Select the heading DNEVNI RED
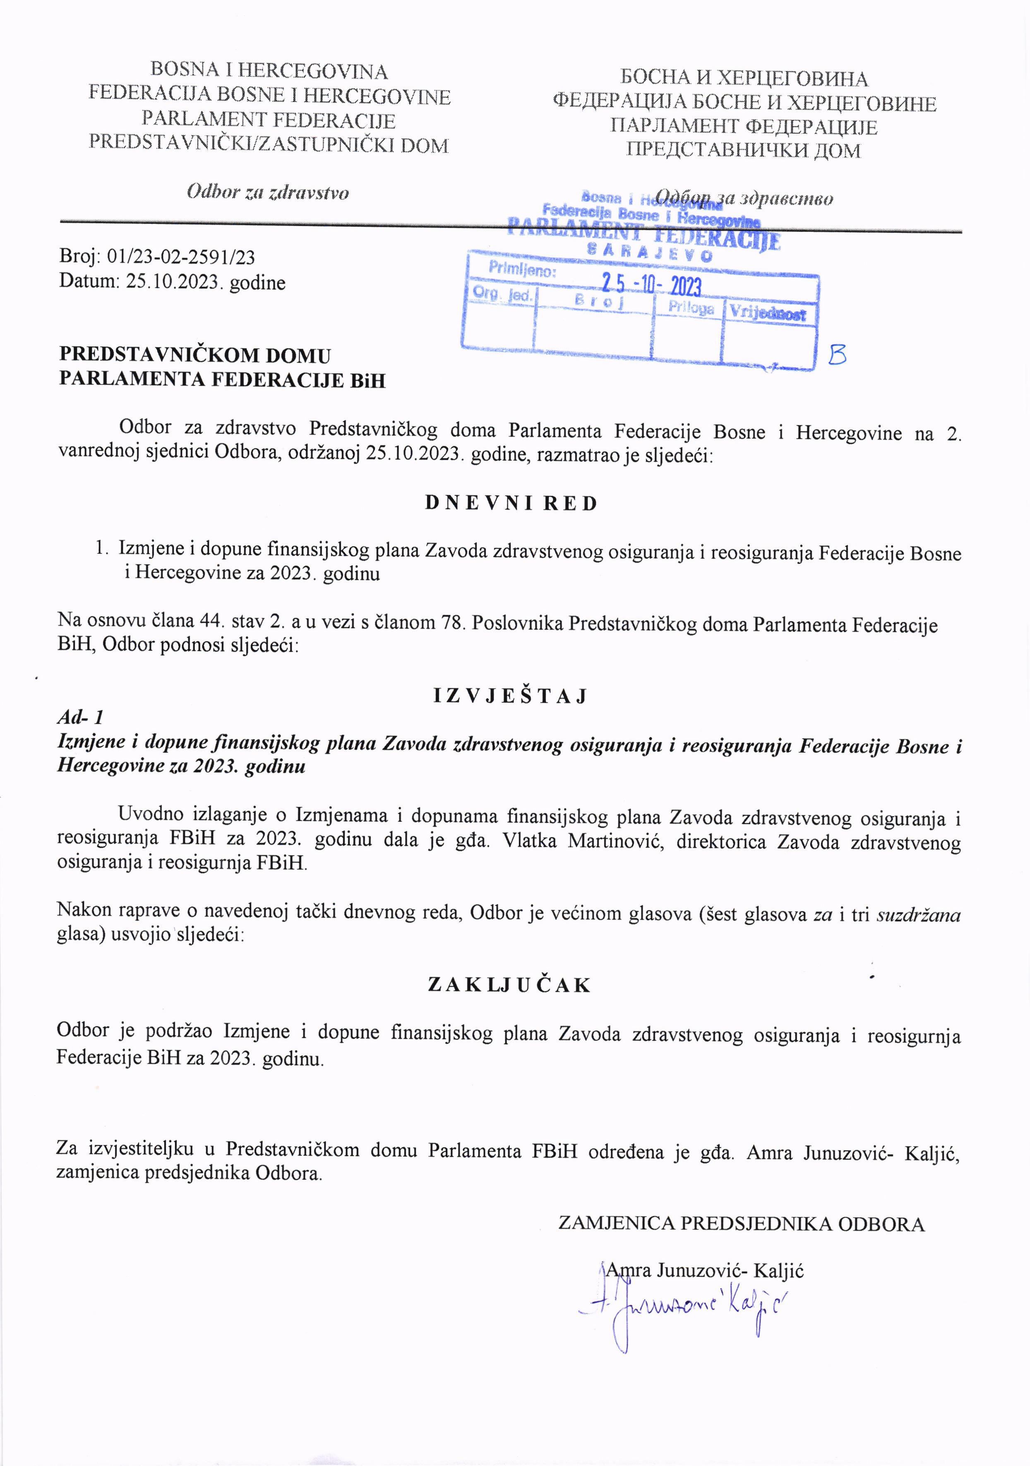[x=511, y=503]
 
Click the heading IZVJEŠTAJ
[x=510, y=695]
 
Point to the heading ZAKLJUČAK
[x=509, y=985]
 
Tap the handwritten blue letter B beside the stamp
[x=837, y=354]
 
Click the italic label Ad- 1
[x=80, y=718]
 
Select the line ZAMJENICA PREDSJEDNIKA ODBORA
[x=741, y=1223]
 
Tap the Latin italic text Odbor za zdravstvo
[x=268, y=192]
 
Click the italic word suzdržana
[x=918, y=916]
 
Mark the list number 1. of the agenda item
[x=101, y=548]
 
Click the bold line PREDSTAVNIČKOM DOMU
[x=195, y=355]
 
